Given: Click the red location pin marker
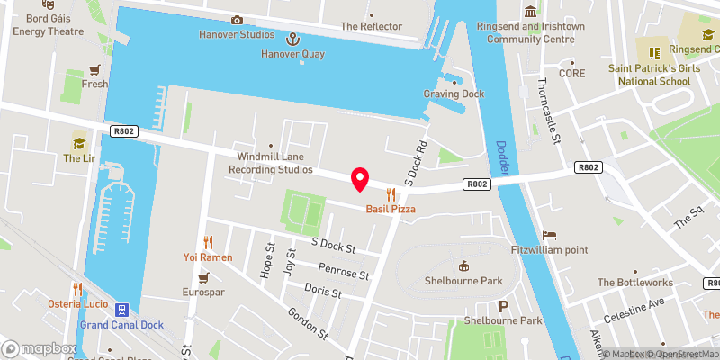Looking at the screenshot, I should pos(360,179).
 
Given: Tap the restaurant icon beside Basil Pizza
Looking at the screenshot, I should pos(391,193).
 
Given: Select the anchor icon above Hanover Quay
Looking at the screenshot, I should pos(292,39).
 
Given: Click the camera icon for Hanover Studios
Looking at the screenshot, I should pos(237,20).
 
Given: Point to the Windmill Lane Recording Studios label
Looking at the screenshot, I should pos(270,163).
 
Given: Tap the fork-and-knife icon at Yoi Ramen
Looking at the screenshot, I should pos(209,241).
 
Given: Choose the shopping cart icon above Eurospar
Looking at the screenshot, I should pos(205,277).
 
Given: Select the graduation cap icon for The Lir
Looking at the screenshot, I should pos(79,143).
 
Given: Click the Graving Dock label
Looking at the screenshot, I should pos(454,94).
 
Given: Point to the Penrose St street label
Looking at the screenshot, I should pos(344,272).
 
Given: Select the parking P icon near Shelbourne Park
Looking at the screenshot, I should pos(503,306).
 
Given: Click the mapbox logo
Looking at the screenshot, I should pos(40,348).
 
